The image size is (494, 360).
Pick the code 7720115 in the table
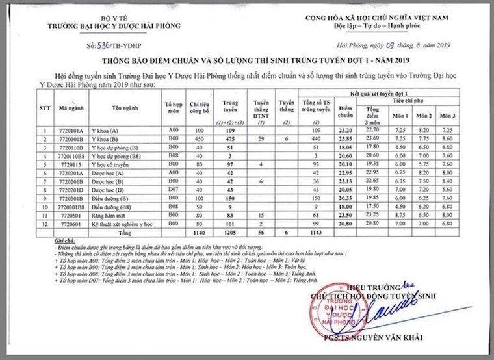coord(68,165)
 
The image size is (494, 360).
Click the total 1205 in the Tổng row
coord(227,231)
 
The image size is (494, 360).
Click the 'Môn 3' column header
coord(445,116)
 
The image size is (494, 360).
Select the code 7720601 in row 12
coord(68,222)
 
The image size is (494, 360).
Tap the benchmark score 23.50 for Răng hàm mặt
coord(346,213)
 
